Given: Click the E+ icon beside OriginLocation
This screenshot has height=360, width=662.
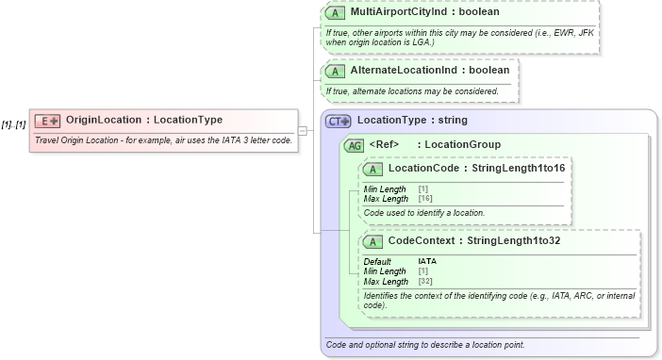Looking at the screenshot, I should (47, 121).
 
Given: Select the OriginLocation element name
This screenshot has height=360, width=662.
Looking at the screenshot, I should (103, 120).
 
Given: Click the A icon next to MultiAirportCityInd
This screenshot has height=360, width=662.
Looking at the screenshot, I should (334, 14).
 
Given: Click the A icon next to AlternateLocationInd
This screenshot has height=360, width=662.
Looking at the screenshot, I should (334, 71).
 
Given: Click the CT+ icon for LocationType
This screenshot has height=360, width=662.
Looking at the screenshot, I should (337, 121).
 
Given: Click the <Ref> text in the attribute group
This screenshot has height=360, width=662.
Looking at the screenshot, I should (384, 144).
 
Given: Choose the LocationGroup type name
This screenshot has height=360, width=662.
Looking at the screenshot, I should (463, 144).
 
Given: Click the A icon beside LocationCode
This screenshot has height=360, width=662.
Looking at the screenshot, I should (372, 169).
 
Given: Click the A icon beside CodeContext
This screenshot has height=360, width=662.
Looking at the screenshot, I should (372, 241).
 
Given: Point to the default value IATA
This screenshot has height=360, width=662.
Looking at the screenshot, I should (427, 261).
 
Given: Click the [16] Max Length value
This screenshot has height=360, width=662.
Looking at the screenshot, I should (425, 199).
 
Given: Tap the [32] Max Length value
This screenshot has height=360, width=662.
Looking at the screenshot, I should (425, 281).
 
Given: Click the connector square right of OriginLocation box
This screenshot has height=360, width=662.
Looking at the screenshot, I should (302, 130).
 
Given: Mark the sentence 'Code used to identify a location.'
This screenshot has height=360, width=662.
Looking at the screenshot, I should (423, 213).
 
